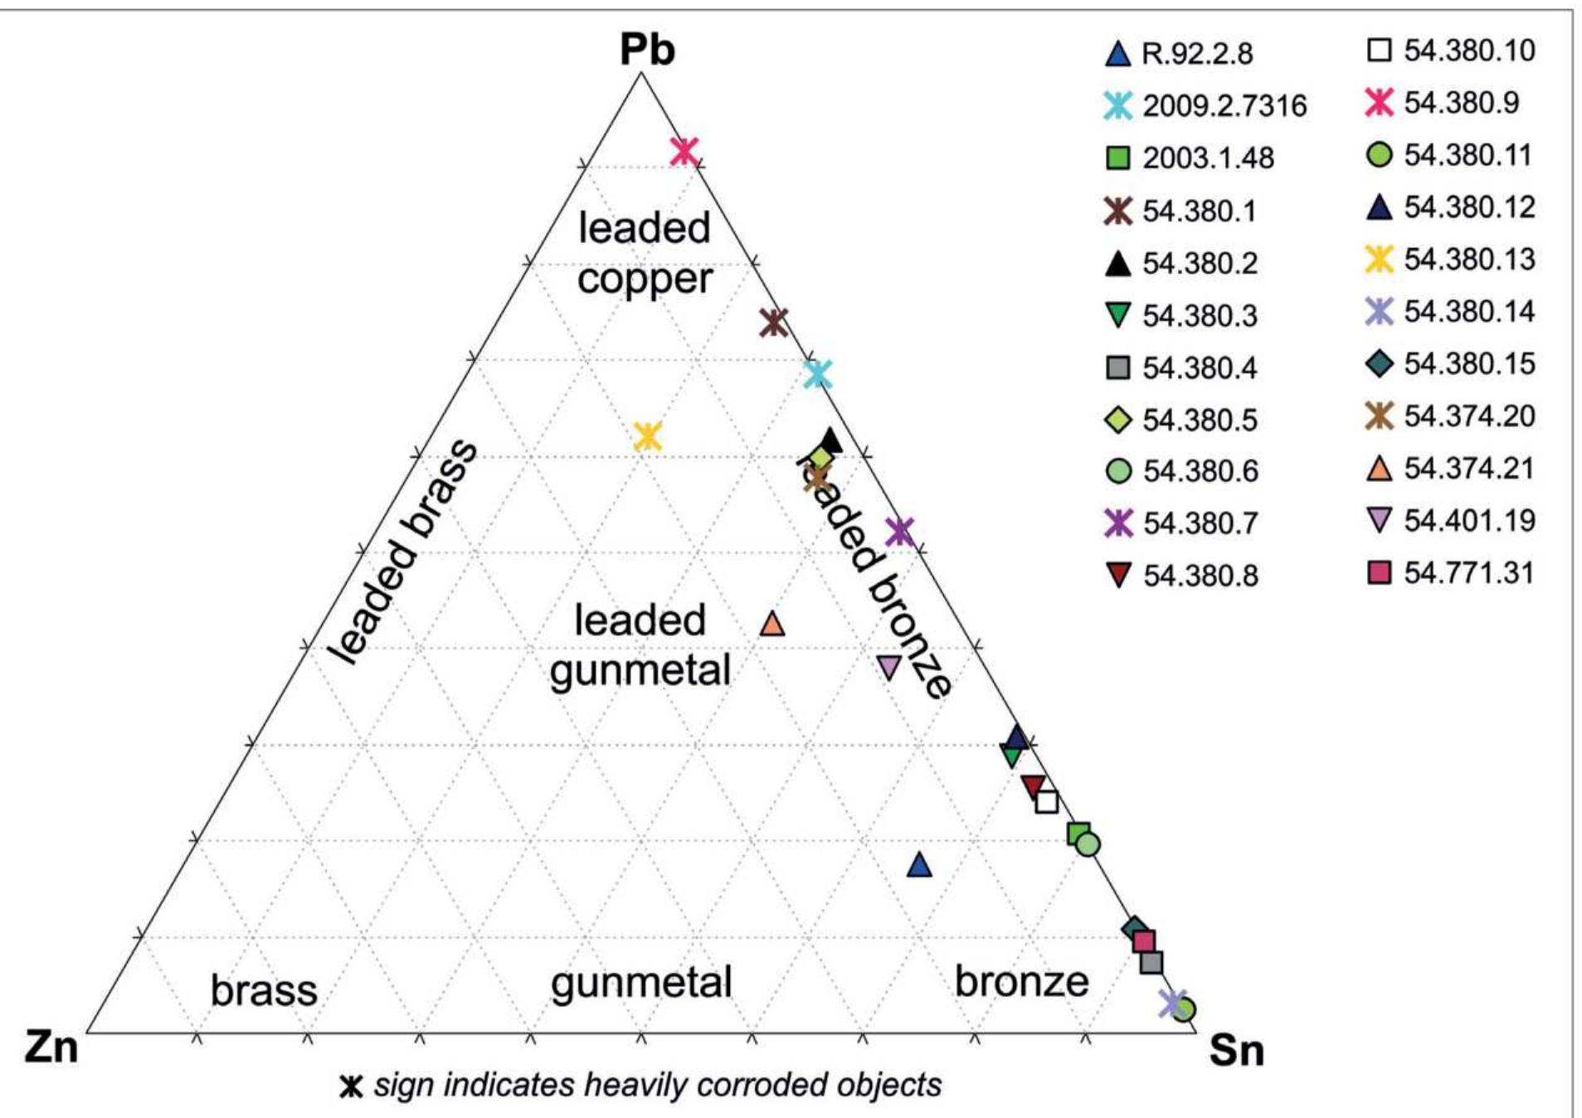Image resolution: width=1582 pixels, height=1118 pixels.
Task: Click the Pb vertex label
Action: [x=647, y=50]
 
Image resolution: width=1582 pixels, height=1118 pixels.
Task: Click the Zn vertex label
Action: [x=51, y=1047]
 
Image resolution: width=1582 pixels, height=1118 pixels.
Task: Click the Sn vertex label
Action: [x=1236, y=1050]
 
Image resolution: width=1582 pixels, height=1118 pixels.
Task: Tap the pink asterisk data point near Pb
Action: [x=684, y=151]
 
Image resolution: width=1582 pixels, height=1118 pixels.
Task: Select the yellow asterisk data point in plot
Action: [x=648, y=435]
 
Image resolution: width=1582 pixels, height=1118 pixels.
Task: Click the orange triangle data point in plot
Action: [x=772, y=624]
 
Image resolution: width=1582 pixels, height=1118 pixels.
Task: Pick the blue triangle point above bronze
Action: [x=919, y=865]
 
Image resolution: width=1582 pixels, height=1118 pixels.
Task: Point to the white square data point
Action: [x=1047, y=802]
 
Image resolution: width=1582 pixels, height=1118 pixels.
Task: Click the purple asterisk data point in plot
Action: [x=899, y=531]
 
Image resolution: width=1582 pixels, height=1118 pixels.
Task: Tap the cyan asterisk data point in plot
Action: [x=818, y=375]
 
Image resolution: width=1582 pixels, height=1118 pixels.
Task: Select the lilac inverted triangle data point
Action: [x=888, y=667]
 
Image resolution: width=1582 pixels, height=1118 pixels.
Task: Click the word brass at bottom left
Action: [x=264, y=990]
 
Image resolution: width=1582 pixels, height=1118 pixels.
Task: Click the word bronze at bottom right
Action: [x=1021, y=981]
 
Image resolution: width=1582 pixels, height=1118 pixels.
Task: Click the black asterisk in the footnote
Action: [x=352, y=1086]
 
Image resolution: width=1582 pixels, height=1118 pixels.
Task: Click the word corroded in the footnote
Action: [x=758, y=1085]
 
